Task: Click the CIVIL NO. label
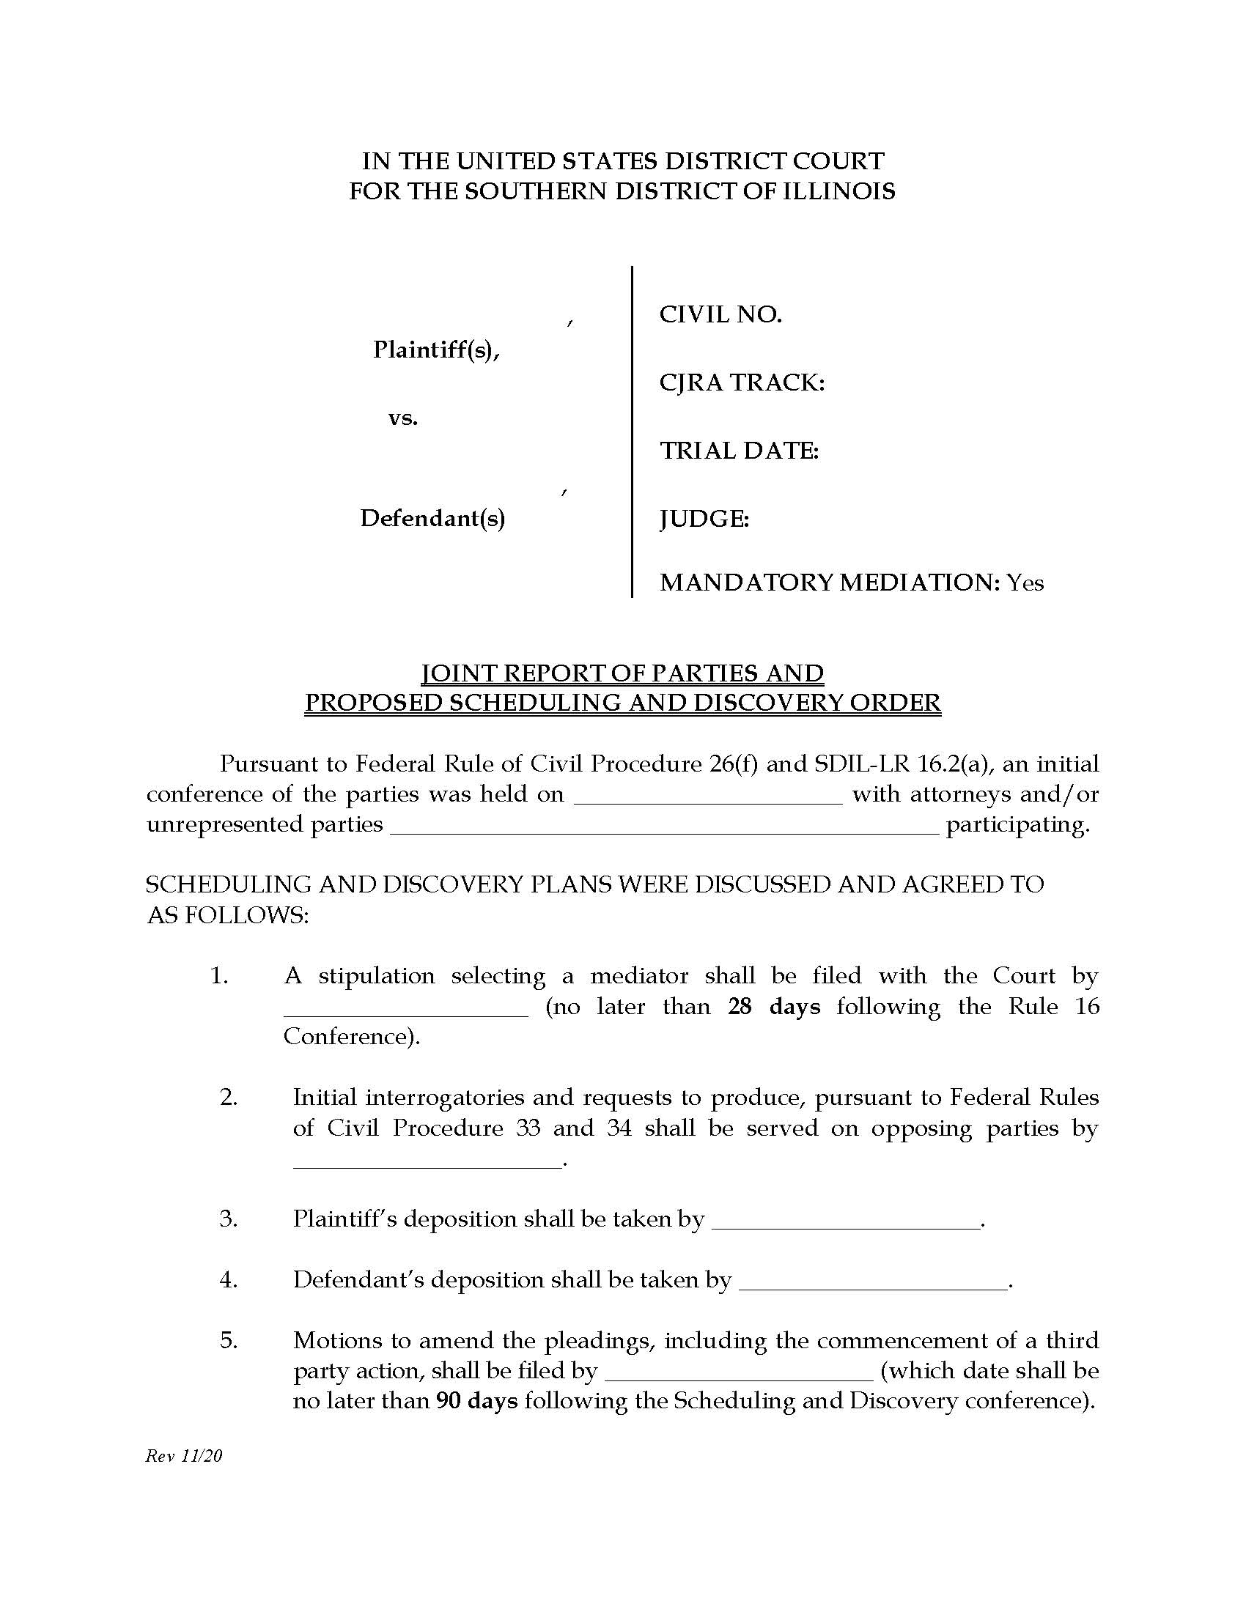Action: click(720, 314)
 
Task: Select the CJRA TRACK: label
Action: click(741, 382)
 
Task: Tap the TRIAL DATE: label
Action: click(739, 450)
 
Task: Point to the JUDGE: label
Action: click(704, 519)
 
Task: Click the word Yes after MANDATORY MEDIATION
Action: click(1025, 583)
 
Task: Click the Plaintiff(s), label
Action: click(436, 349)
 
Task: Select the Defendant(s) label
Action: click(432, 519)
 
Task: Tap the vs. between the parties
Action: click(403, 418)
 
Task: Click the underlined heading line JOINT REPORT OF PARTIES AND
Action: click(622, 673)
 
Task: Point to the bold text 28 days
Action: click(773, 1007)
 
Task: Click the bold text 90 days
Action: click(477, 1401)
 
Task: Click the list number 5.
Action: click(229, 1340)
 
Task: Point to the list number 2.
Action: click(229, 1097)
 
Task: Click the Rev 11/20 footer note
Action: click(184, 1455)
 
